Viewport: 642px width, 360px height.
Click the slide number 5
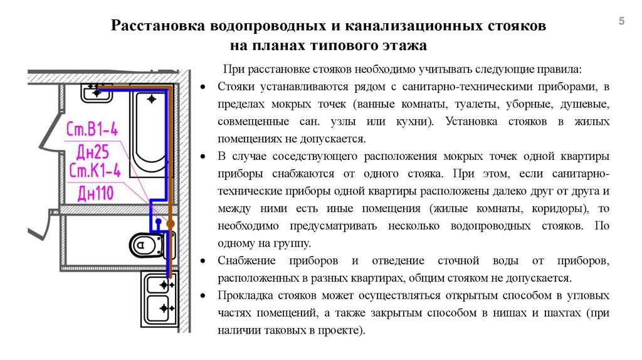click(x=621, y=22)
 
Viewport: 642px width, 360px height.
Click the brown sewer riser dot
click(x=168, y=223)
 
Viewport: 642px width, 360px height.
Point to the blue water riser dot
click(x=159, y=222)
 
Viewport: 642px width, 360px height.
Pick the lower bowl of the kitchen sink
click(x=157, y=309)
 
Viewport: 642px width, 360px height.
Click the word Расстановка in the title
click(x=150, y=27)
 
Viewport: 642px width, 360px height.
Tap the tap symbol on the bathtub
click(x=152, y=99)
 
